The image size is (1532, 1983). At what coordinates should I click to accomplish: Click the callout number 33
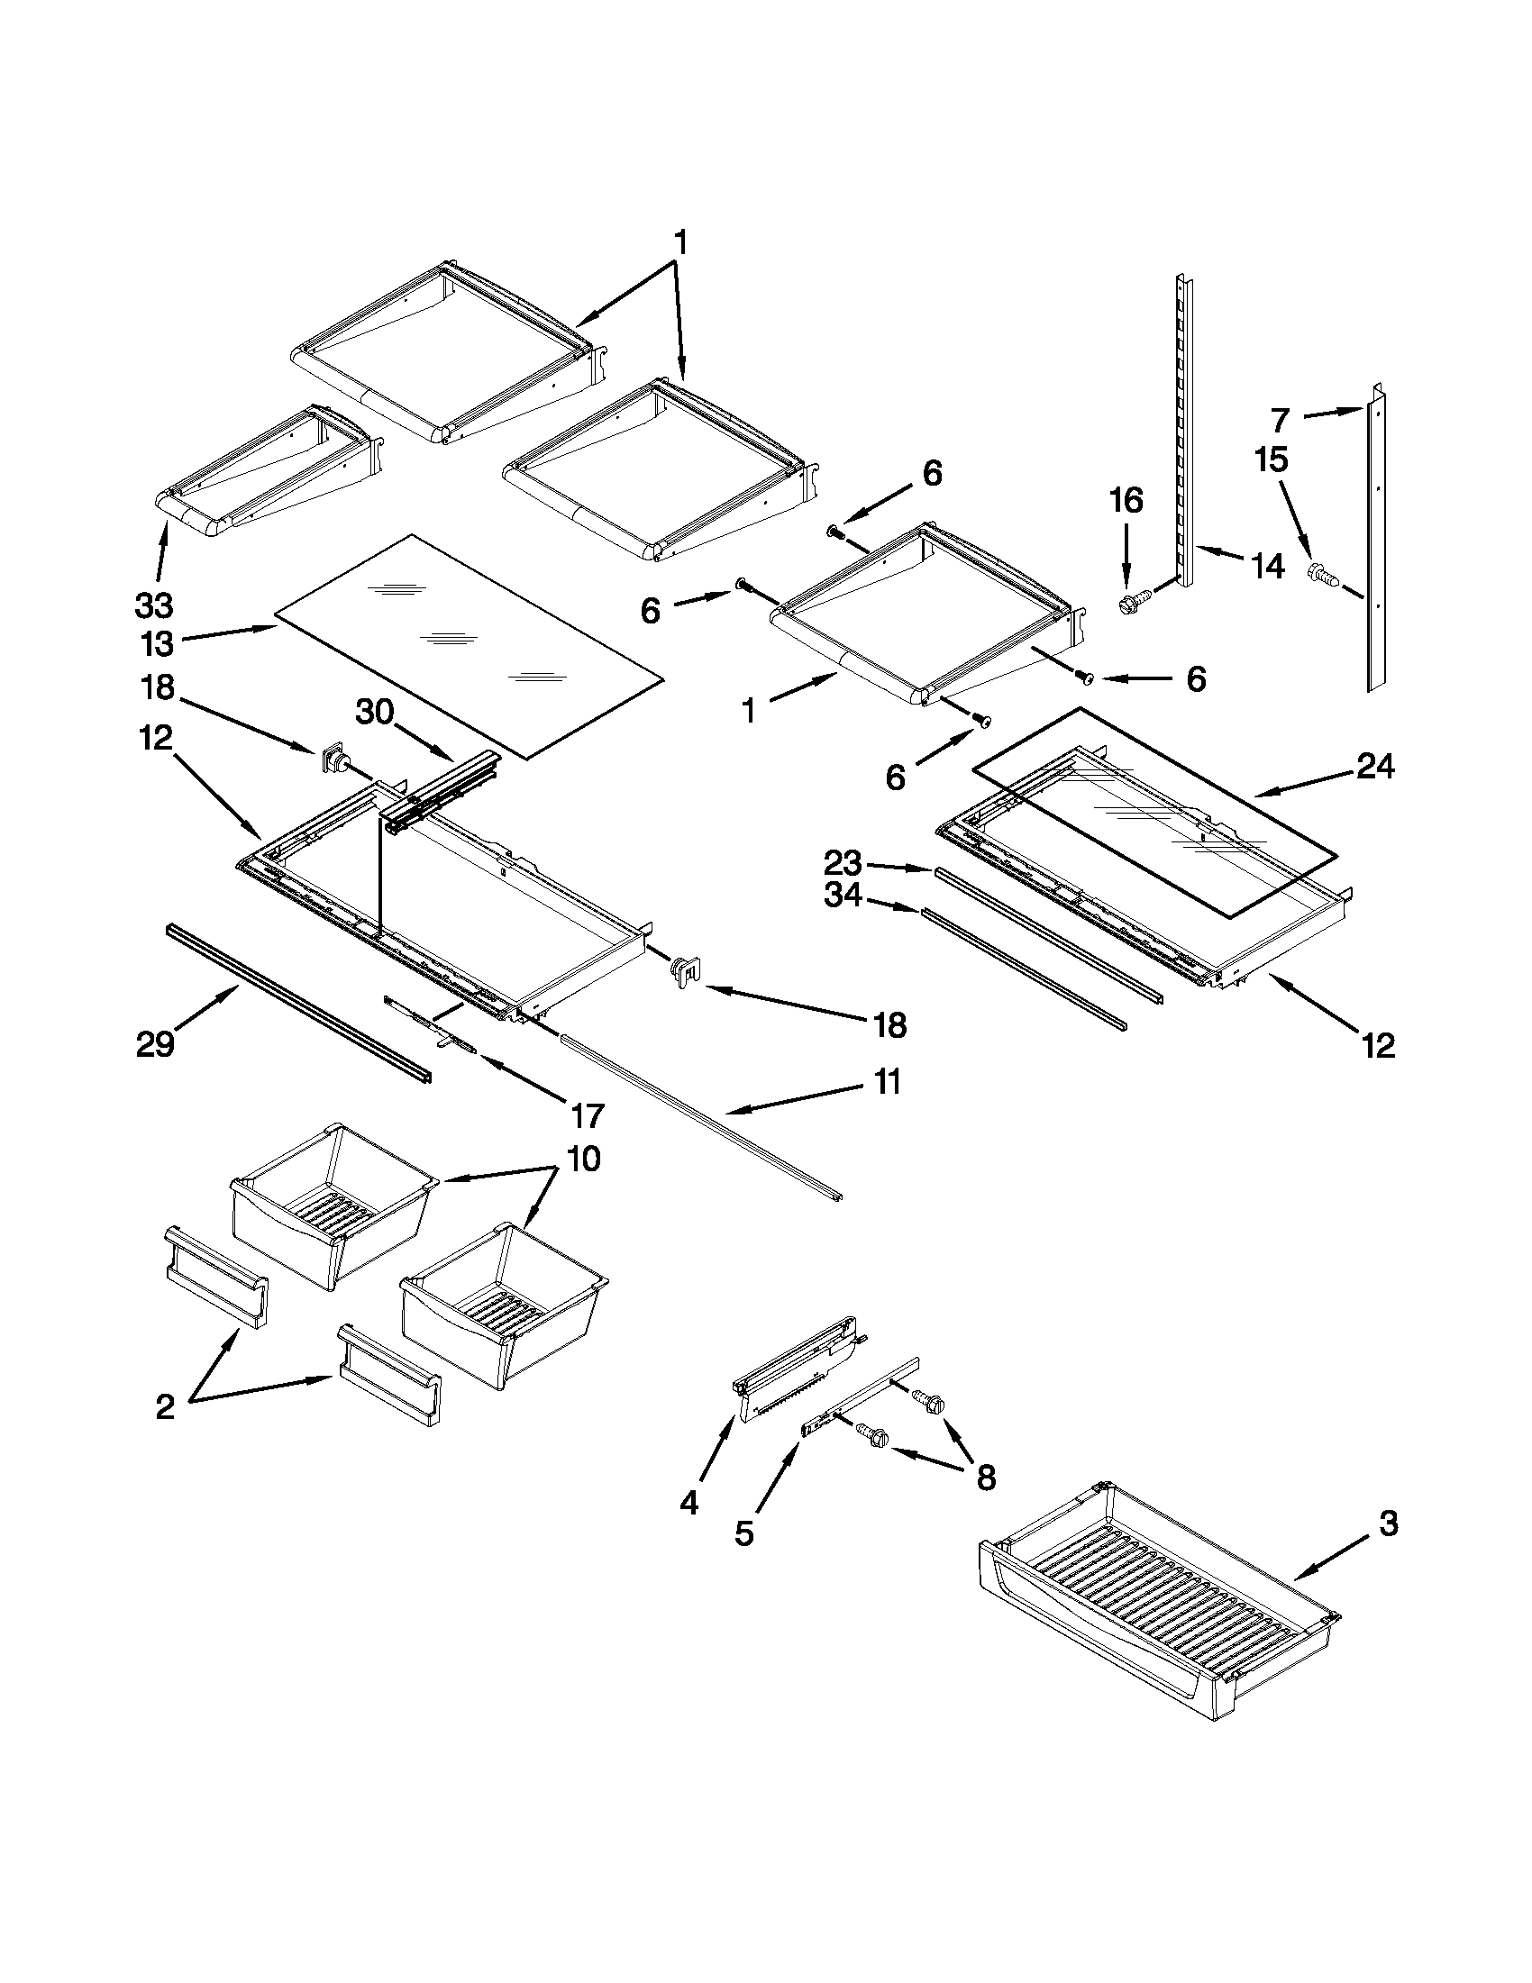coord(153,605)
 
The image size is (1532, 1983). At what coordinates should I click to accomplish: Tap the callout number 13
coord(156,644)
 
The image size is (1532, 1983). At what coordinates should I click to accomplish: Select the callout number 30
coord(374,713)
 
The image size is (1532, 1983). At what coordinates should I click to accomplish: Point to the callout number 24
coord(1375,768)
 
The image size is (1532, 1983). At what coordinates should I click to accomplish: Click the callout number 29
coord(155,1044)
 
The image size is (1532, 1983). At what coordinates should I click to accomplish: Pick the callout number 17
coord(586,1115)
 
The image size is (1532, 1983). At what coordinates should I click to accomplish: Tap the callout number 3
coord(1389,1523)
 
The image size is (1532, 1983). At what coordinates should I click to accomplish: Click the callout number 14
coord(1268,567)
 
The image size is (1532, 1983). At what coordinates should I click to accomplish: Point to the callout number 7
coord(1280,421)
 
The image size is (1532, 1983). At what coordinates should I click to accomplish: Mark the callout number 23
coord(842,861)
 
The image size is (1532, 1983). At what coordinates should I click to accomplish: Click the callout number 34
coord(842,896)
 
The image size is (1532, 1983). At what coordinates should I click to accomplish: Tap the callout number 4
coord(689,1503)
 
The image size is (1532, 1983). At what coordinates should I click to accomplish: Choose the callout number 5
coord(743,1533)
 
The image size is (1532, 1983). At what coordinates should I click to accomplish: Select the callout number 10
coord(584,1159)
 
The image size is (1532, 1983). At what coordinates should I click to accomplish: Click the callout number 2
coord(164,1407)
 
